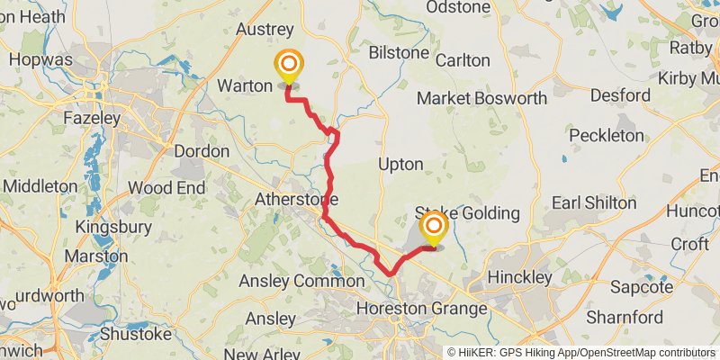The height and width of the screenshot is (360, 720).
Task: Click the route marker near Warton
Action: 289,66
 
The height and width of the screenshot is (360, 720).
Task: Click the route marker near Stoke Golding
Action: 434,226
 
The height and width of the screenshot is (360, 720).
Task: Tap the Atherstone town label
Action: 296,198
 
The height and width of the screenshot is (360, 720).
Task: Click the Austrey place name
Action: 265,30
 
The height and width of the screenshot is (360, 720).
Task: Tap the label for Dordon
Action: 202,151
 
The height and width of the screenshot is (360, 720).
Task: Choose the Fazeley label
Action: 92,118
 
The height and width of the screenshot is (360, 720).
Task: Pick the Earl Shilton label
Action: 593,202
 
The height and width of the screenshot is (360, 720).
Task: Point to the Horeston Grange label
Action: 422,309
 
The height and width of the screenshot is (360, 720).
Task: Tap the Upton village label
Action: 400,165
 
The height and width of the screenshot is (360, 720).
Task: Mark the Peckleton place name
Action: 607,135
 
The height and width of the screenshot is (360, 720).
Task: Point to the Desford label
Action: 620,94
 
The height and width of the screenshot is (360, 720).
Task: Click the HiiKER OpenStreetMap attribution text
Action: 581,352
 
